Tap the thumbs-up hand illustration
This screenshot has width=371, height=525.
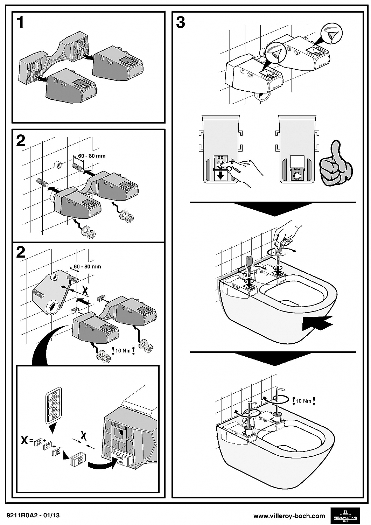tap(335, 163)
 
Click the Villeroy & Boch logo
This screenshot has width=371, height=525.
tap(345, 516)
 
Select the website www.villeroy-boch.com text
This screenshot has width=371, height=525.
tap(289, 516)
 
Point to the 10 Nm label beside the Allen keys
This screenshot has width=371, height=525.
tap(304, 401)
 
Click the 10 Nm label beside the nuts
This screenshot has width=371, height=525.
tap(123, 350)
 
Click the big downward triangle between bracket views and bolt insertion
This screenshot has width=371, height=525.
tap(273, 209)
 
